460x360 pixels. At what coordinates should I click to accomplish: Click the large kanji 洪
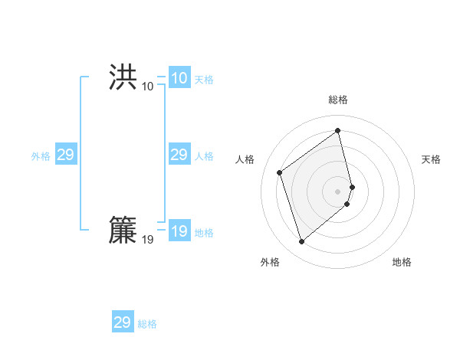tap(123, 77)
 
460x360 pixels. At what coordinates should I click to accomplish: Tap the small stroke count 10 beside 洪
tap(147, 87)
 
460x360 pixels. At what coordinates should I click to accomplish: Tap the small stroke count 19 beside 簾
tap(147, 241)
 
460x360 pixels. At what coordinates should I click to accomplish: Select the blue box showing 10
tap(179, 78)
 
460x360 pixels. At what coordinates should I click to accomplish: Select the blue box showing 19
tap(179, 231)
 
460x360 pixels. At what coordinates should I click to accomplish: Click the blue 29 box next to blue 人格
tap(179, 155)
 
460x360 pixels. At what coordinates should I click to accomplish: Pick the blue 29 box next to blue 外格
tap(65, 155)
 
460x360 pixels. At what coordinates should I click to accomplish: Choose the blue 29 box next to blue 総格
tap(122, 322)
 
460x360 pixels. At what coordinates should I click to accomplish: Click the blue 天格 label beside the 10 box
tap(204, 80)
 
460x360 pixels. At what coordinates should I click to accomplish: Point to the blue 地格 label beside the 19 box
tap(204, 233)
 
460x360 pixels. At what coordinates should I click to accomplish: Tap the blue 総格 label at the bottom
tap(147, 324)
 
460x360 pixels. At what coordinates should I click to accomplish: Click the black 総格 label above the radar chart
tap(338, 100)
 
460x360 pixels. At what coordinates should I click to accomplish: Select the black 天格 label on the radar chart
tap(431, 159)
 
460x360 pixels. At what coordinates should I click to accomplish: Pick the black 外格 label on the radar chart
tap(270, 262)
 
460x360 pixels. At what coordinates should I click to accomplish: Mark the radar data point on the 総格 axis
tap(338, 131)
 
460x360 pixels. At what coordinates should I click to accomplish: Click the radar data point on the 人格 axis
tap(280, 172)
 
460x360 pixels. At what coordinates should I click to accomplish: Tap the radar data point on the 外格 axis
tap(302, 242)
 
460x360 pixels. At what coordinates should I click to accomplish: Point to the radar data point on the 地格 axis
tap(347, 204)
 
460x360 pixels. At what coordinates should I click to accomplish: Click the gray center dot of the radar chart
tap(338, 191)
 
